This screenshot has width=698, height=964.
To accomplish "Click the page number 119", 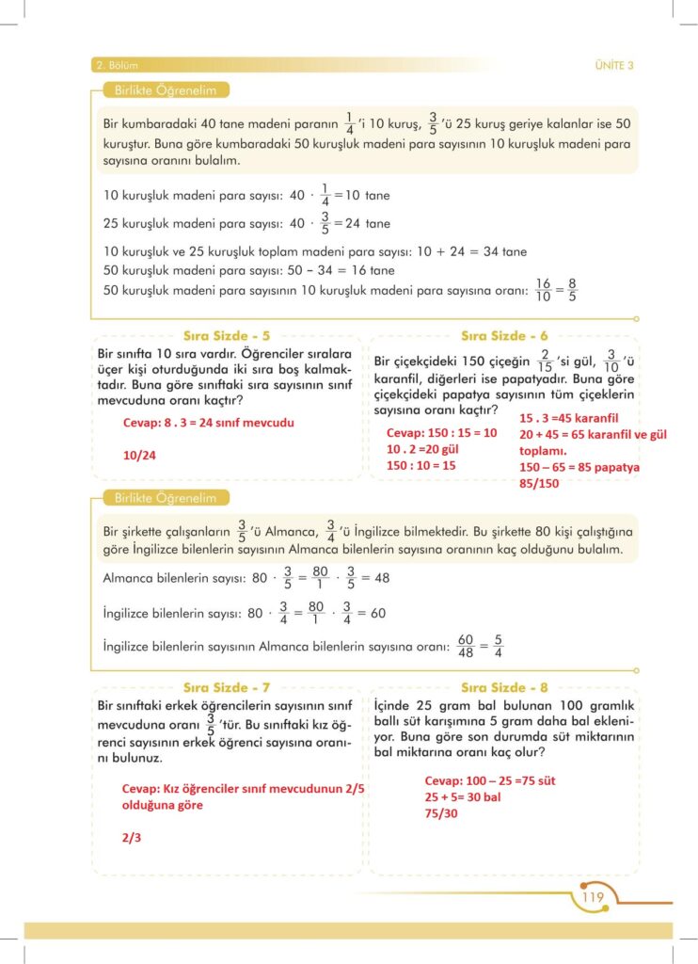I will pos(593,897).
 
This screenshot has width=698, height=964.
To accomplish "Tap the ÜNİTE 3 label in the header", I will pos(614,65).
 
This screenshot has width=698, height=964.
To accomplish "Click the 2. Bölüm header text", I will pos(117,65).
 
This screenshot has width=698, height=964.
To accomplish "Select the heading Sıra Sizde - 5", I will pos(226,334).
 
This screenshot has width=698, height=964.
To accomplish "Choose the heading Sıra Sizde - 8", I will pos(504,688).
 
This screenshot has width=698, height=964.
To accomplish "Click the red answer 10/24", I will pos(137,455).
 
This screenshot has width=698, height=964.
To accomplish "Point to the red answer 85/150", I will pos(541,483).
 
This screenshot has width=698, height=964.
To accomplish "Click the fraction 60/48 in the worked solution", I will pos(465,648).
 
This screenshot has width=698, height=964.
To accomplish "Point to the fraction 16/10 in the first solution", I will pos(542,290).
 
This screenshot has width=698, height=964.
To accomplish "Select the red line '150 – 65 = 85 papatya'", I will pos(579,467).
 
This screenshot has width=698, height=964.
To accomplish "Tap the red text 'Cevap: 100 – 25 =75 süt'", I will pos(491,780).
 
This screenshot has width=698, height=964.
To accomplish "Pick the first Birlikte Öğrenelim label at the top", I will pos(166,91).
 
